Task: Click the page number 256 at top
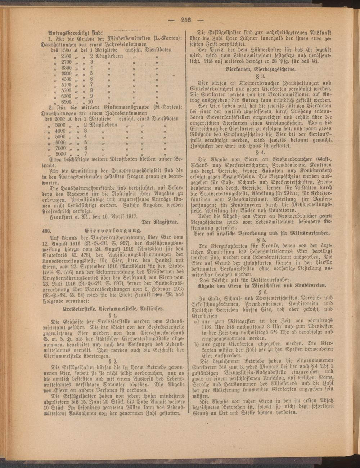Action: click(186, 20)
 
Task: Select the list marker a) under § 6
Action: click(197, 320)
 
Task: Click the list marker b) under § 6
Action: click(197, 345)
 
